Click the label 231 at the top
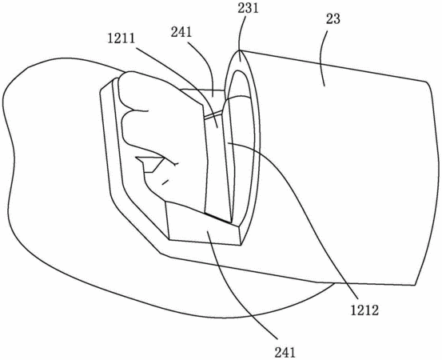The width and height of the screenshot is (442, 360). pos(248,8)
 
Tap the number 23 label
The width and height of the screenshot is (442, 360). pos(333,19)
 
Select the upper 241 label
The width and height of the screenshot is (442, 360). pos(181,33)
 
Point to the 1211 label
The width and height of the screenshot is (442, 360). pos(121,38)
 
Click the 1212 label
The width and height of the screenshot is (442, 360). pos(364,310)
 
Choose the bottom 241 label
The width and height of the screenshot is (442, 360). pos(285,353)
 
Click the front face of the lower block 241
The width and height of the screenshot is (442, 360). pos(203,224)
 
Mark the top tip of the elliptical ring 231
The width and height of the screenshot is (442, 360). pos(240,50)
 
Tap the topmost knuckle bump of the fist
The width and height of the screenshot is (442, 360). pos(133,85)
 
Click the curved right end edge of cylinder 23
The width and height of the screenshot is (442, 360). pos(428,181)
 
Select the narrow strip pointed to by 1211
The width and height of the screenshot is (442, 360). pos(217,164)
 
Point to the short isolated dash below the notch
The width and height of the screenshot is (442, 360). pos(165,182)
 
